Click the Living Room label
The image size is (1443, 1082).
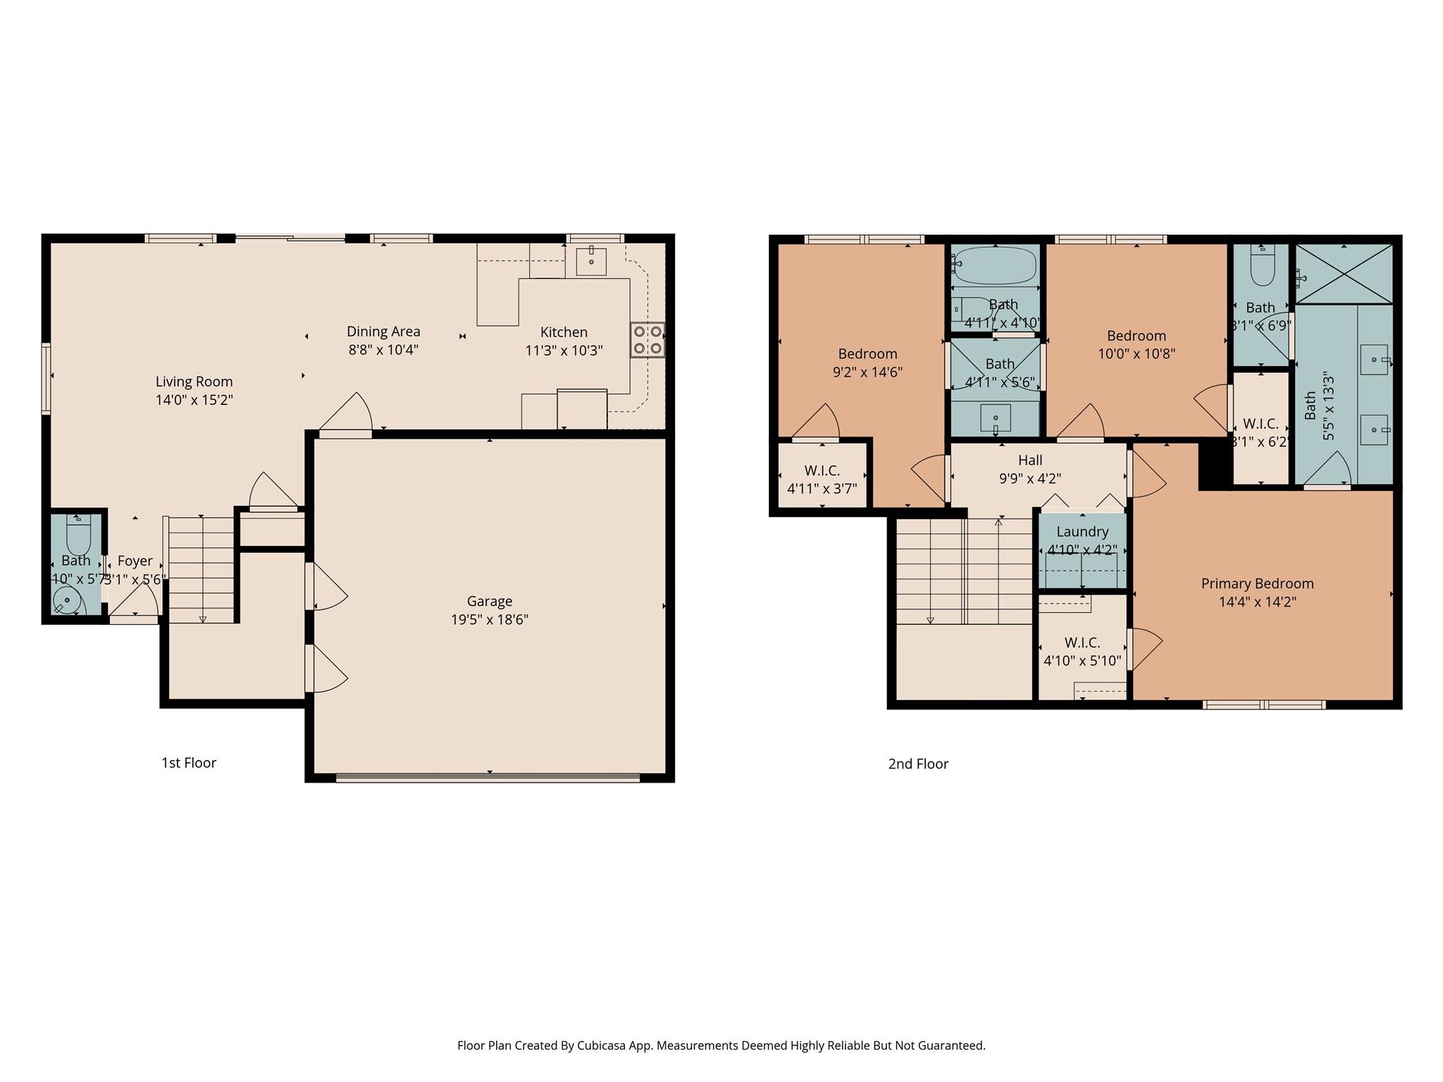pos(194,382)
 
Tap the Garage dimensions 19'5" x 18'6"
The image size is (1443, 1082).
pos(490,620)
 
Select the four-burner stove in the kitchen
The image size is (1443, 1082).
pos(647,340)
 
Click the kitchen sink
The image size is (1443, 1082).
pos(590,261)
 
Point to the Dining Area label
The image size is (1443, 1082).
pos(383,331)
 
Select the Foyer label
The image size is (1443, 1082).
pos(135,561)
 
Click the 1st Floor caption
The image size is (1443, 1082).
pos(189,763)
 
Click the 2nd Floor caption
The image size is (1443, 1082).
pos(918,764)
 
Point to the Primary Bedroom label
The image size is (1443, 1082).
pos(1257,583)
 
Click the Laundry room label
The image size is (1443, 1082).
pos(1082,532)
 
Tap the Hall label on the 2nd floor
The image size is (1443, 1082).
pos(1030,460)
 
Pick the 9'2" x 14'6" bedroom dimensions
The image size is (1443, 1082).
pos(867,372)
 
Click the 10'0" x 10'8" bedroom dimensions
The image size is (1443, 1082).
pos(1137,354)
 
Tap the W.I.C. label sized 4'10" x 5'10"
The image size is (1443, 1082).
pos(1082,642)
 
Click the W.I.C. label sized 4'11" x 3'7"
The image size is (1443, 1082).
pos(822,471)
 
